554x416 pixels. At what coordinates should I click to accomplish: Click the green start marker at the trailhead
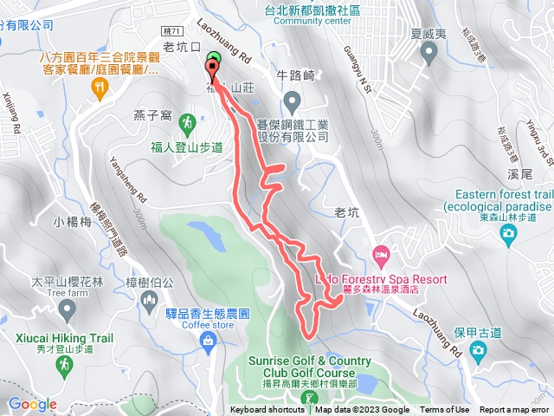click(215, 60)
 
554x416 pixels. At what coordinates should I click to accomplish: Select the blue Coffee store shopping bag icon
click(208, 342)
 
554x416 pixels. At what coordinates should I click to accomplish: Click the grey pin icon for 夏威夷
click(429, 55)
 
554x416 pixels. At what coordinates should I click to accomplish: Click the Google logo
click(33, 404)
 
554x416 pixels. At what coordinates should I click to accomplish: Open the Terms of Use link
click(445, 410)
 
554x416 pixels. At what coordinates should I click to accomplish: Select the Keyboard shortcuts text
click(267, 410)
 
